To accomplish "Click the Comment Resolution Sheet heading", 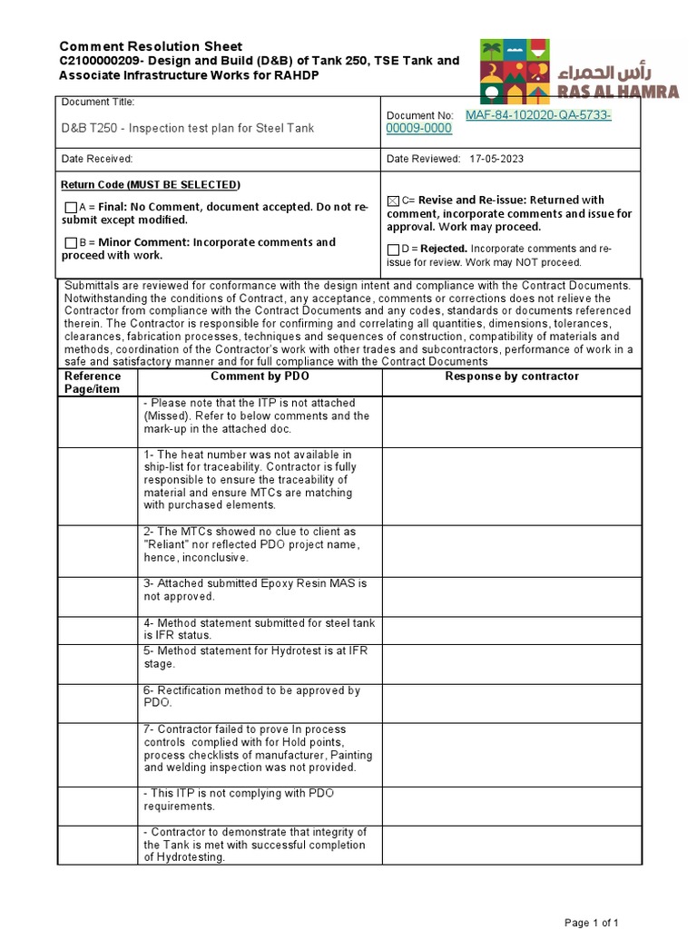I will tap(150, 46).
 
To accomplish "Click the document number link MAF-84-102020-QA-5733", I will tap(537, 115).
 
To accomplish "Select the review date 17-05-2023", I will tap(496, 159).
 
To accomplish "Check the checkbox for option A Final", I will tap(71, 208).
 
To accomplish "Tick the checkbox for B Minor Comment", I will tap(71, 243).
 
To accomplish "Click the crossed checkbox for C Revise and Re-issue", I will tap(392, 200).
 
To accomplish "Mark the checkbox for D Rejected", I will tap(392, 249).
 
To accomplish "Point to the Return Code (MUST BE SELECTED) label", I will tap(150, 185).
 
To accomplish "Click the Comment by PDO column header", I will tap(259, 376).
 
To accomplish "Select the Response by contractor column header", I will tap(511, 376).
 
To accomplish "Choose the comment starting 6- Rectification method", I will tap(251, 697).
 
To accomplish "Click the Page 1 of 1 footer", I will tap(592, 923).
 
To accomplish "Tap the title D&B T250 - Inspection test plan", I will tap(187, 128).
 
